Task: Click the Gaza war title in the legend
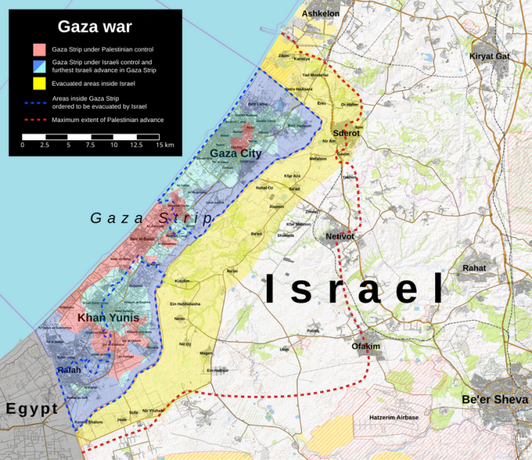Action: (95, 27)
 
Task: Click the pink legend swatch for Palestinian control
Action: (40, 49)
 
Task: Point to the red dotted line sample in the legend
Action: (40, 120)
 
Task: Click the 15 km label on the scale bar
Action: (164, 145)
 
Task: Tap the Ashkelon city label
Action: (320, 13)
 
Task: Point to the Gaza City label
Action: (235, 154)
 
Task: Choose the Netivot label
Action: (341, 236)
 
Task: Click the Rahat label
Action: (474, 268)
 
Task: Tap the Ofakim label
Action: (366, 346)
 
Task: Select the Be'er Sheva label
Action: (494, 399)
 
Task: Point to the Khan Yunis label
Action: (109, 317)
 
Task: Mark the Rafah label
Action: (69, 370)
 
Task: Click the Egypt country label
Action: (32, 409)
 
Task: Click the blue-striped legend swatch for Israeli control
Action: (40, 66)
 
